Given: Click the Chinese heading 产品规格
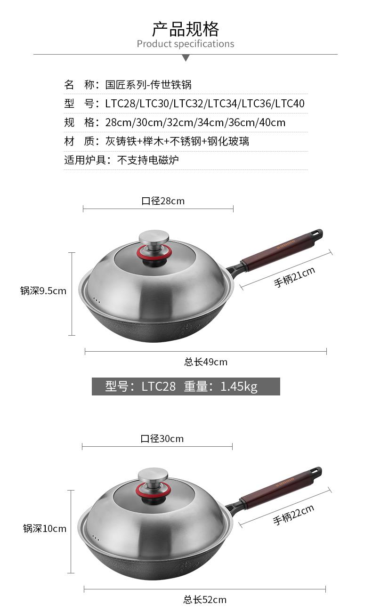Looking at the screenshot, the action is point(186,29).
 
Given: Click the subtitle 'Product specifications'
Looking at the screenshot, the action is point(186,44).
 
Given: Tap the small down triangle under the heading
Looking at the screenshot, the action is point(186,57).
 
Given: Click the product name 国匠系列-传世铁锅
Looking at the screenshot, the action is point(148,85).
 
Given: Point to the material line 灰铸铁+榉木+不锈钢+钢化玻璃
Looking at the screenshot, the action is point(177,141).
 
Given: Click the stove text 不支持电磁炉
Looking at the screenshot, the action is point(148,160).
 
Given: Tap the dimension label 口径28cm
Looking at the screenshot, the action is point(163,201).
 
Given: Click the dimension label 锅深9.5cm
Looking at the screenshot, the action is point(43,291).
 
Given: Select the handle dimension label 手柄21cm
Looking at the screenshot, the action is point(294,277).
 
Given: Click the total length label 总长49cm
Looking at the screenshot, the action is point(206,362).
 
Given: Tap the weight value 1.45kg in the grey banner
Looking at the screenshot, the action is point(239,387).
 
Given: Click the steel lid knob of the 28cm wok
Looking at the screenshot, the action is point(154,237).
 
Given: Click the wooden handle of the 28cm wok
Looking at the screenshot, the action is point(278,250).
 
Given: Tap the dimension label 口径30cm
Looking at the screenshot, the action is point(162,439).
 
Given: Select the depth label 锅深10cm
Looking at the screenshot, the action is point(45,528).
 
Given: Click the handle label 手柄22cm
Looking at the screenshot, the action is point(293,515).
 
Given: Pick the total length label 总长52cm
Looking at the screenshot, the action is point(205,600).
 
